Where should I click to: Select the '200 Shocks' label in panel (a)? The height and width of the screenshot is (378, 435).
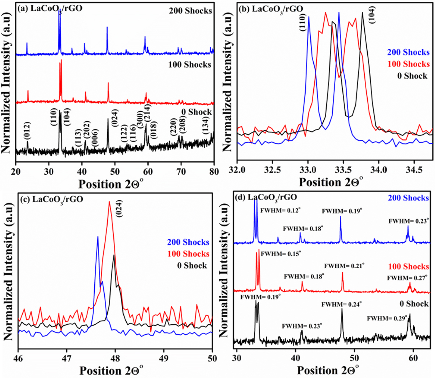tap(190, 11)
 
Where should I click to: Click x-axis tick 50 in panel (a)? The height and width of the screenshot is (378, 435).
tap(115, 171)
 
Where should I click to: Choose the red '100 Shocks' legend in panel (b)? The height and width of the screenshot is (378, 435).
tap(409, 64)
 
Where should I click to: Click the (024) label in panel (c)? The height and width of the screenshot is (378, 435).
tap(120, 208)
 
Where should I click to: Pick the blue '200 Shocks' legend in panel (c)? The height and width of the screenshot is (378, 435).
tap(188, 242)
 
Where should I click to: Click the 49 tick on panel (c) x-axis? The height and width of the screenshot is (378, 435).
tap(164, 358)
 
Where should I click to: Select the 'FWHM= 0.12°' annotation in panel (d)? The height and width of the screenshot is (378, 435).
tap(281, 210)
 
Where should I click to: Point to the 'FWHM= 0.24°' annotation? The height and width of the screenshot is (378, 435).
tap(342, 304)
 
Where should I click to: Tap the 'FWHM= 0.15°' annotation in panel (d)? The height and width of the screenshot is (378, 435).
tap(281, 254)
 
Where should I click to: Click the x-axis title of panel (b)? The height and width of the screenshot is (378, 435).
tap(331, 182)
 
